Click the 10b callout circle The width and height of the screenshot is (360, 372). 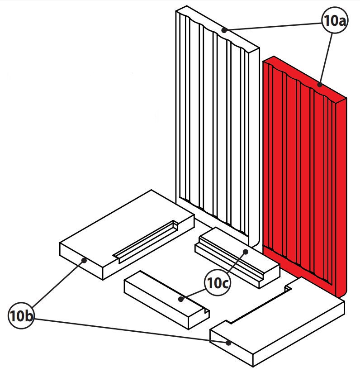coord(21,316)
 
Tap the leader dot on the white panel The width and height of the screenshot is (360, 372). coord(224,30)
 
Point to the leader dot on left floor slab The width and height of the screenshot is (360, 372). coord(84,260)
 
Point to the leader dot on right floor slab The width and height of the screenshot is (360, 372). coord(229,343)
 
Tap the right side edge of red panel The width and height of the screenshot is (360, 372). coord(342,195)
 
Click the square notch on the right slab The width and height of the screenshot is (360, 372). coord(287,288)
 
